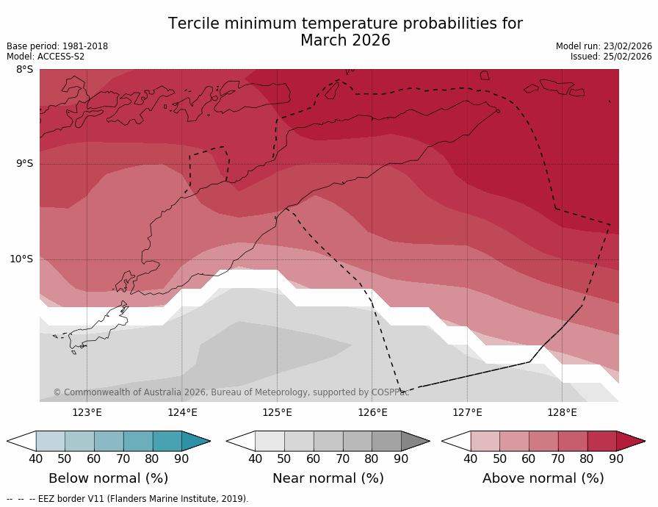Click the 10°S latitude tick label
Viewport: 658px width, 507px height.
[21, 259]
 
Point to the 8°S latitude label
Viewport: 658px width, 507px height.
[24, 70]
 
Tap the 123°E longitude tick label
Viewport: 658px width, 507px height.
[87, 412]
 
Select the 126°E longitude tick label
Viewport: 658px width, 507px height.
[372, 412]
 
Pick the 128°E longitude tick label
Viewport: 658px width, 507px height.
[562, 412]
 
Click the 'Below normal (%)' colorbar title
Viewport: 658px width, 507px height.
[109, 478]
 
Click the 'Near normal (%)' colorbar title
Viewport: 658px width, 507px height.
[328, 478]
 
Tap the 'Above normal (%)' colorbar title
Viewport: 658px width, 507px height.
[543, 478]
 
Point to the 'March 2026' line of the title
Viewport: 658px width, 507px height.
[345, 40]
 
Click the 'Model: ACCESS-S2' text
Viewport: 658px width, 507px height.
[46, 57]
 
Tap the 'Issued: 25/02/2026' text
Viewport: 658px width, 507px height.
[611, 57]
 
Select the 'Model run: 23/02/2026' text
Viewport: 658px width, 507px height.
[604, 46]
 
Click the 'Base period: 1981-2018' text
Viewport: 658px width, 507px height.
[57, 46]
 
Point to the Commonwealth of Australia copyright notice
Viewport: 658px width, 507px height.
[231, 392]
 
